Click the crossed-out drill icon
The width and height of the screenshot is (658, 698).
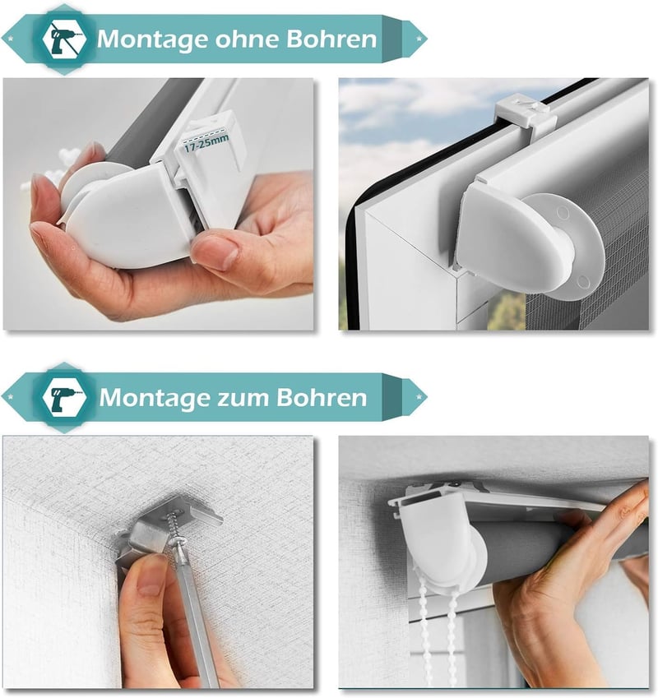click(x=64, y=39)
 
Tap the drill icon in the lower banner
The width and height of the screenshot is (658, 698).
click(x=64, y=397)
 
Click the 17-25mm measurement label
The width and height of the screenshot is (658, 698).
click(x=206, y=142)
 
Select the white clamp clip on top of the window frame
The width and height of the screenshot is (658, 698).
click(x=526, y=115)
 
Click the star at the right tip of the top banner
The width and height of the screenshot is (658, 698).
click(x=419, y=39)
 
